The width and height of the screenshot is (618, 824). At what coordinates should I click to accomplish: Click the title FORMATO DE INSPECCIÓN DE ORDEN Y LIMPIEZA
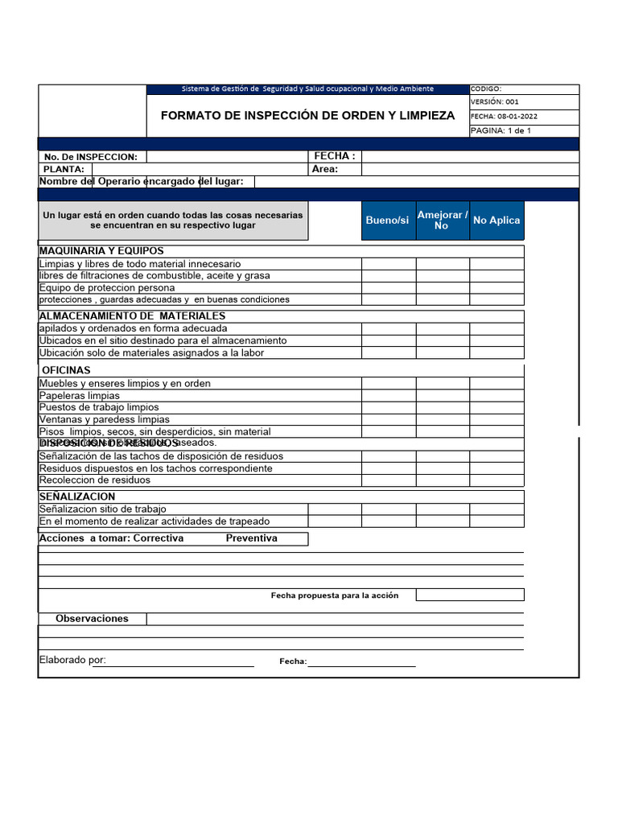pos(307,116)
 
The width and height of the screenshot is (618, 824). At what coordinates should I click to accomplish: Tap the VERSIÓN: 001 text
pos(495,102)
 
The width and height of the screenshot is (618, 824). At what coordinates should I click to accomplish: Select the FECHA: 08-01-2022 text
pos(504,116)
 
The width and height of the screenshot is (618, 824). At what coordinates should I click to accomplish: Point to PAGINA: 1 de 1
pos(501,130)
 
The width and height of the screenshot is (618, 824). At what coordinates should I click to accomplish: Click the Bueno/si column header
pos(387,220)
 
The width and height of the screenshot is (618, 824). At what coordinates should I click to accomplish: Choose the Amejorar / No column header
pos(442,220)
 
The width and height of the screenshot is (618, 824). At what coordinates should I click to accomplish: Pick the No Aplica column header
pos(496,220)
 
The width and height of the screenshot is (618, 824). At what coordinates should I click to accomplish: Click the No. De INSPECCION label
pos(91,157)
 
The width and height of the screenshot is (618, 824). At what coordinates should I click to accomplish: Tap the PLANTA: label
pos(64,170)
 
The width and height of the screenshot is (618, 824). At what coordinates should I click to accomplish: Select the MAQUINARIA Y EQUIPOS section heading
pos(101,251)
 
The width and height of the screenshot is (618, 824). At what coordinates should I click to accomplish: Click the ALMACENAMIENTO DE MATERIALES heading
pos(132,316)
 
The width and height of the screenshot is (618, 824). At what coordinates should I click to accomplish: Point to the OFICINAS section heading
pos(66,370)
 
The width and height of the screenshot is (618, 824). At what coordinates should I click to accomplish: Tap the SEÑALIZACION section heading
pos(77,496)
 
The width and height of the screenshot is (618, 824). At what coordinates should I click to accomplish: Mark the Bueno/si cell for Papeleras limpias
pos(388,396)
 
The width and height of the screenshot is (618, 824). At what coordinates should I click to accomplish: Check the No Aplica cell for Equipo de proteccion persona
pos(496,288)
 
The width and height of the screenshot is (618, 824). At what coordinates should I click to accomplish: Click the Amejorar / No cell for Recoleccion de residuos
pos(442,480)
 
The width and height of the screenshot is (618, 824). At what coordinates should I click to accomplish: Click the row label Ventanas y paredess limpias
pos(105,419)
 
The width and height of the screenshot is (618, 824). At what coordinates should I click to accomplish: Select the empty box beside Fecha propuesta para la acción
pos(469,595)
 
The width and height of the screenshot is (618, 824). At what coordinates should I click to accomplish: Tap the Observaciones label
pos(92,619)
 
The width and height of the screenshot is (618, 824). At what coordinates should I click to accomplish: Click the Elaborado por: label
pos(72,661)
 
